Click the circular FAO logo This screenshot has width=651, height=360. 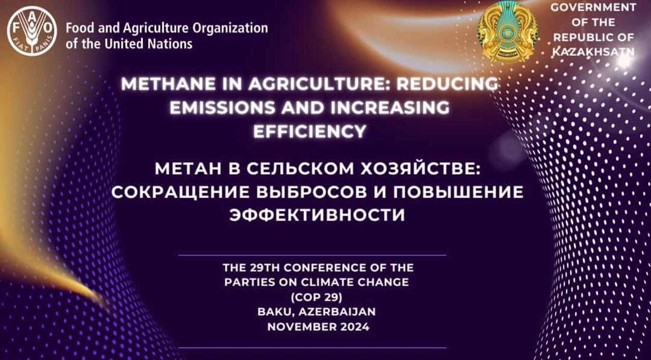click(32, 31)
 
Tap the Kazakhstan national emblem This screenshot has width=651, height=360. click(507, 32)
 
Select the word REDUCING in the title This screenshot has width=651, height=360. click(448, 84)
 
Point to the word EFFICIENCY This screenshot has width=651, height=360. click(310, 132)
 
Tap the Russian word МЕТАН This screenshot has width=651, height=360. click(188, 169)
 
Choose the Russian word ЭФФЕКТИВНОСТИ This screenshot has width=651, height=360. click(317, 215)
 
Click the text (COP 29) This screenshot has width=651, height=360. click(316, 297)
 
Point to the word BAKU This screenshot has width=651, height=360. click(274, 312)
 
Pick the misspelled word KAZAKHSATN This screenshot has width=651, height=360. click(593, 52)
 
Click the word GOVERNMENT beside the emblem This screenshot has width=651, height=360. click(593, 8)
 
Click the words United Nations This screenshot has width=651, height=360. click(149, 44)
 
